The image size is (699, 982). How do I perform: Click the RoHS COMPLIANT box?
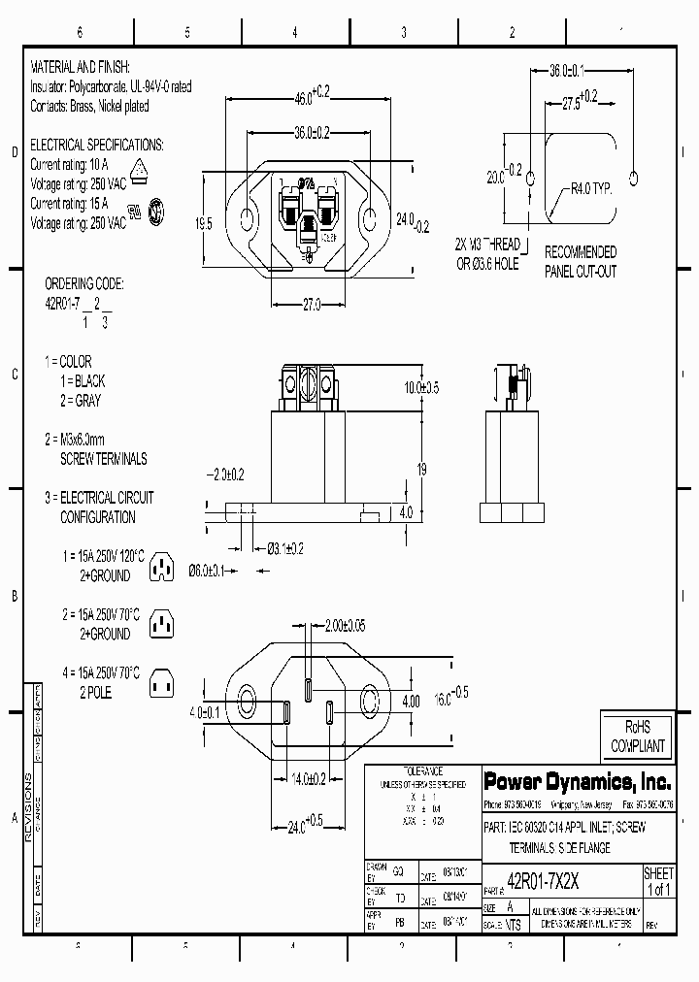click(x=637, y=737)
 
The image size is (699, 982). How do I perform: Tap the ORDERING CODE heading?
click(x=85, y=283)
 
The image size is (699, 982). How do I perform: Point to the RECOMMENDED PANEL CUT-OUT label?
click(x=581, y=261)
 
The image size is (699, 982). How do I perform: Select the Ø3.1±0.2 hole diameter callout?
click(x=285, y=549)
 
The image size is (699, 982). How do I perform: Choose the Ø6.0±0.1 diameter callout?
click(x=206, y=571)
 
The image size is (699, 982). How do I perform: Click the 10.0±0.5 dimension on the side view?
click(x=422, y=387)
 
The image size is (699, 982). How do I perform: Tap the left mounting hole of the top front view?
click(x=247, y=217)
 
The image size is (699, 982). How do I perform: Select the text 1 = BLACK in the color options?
click(x=82, y=381)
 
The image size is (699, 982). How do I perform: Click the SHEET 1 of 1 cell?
click(x=658, y=882)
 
